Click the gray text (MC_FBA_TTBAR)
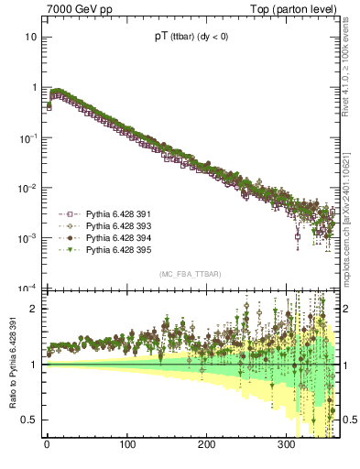(190, 274)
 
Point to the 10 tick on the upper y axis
(30, 37)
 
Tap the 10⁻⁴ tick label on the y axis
(27, 288)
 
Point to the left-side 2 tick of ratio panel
(34, 309)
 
